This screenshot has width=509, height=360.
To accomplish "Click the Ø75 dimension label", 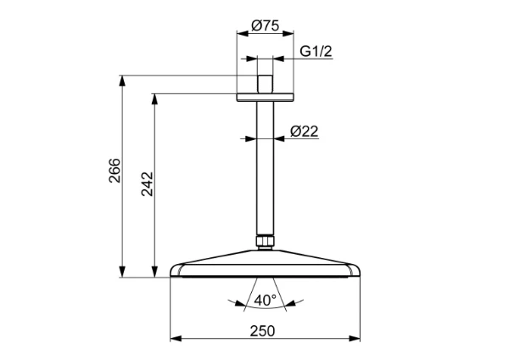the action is (266, 25).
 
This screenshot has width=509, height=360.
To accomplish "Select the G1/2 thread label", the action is (316, 51).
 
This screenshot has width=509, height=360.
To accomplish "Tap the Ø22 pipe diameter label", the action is (305, 132).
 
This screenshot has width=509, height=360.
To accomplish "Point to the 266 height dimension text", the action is (115, 171).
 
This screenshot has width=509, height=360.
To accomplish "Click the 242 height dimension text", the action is (147, 184).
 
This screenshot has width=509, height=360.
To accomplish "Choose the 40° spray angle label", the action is (266, 300).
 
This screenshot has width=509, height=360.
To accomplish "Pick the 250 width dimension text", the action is (262, 331).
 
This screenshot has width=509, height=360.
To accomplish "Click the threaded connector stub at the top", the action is (265, 84).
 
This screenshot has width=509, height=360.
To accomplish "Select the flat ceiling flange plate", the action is (265, 97).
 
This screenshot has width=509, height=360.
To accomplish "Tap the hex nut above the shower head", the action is (265, 241).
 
